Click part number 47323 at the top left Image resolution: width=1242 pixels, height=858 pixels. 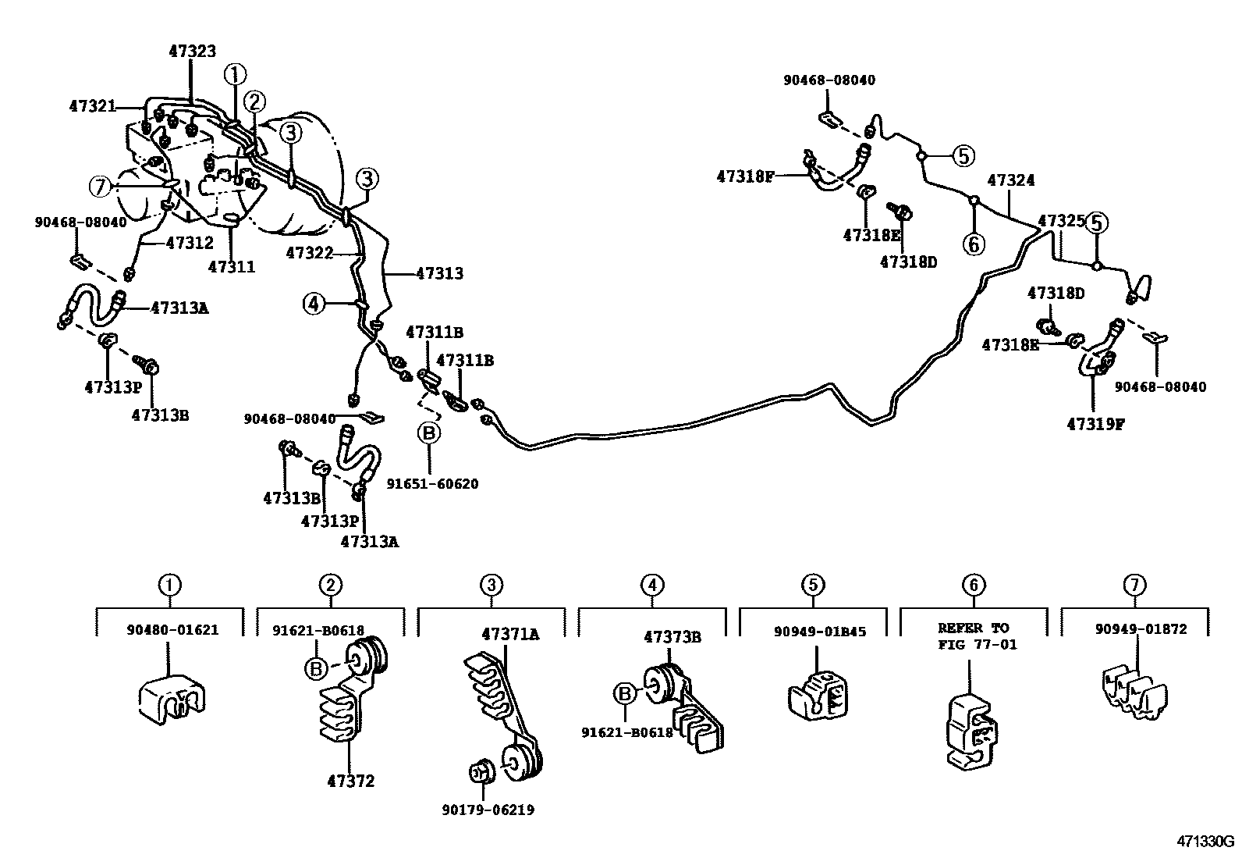point(193,52)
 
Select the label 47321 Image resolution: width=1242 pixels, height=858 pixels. point(92,106)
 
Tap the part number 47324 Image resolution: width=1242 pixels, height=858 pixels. point(1011,180)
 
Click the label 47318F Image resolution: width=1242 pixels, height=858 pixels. point(745,176)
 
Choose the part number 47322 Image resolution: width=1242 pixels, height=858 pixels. point(310,253)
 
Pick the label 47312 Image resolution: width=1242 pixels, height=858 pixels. point(190,243)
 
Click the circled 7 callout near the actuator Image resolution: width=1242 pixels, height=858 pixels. point(100,187)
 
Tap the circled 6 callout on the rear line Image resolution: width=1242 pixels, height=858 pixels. point(974,244)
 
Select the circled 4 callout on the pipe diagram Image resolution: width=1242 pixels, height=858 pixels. point(314,304)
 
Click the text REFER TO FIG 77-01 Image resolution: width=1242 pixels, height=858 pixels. point(973,636)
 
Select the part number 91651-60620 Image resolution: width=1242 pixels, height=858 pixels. point(432,484)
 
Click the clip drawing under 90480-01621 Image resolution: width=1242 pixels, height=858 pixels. point(171,697)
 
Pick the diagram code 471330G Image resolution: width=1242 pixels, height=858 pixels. point(1206,842)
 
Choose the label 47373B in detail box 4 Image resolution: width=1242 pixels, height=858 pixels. point(672,637)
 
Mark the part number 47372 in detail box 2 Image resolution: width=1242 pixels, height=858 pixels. point(350,781)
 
